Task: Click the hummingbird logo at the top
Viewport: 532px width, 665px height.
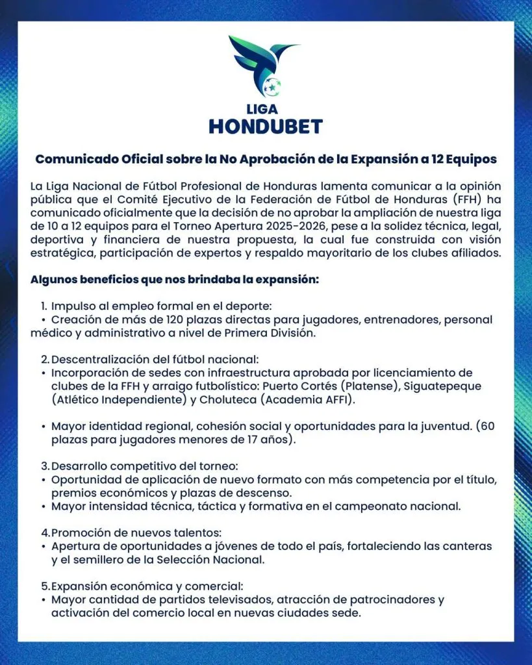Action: (264, 65)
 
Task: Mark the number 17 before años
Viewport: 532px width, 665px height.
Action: (250, 440)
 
